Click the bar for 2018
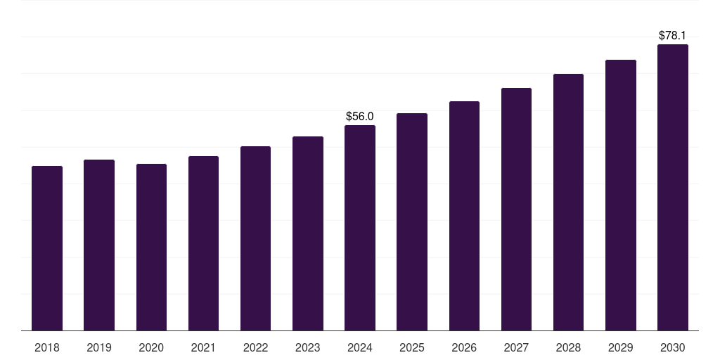(x=47, y=248)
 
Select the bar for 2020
(x=152, y=247)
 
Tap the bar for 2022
(x=255, y=238)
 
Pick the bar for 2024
(x=360, y=228)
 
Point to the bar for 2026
(x=464, y=216)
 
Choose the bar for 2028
(x=568, y=202)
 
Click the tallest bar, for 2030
(x=673, y=187)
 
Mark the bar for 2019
(x=99, y=245)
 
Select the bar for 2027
(x=517, y=210)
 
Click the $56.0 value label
(x=360, y=116)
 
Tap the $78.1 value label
(x=672, y=35)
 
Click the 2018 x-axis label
(x=47, y=347)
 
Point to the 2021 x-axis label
(x=203, y=347)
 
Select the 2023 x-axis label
(x=308, y=347)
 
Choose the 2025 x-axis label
(x=412, y=347)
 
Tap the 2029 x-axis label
(x=620, y=347)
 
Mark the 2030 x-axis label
(x=673, y=347)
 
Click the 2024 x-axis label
(x=360, y=347)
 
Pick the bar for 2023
(x=308, y=233)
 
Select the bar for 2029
(x=621, y=195)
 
